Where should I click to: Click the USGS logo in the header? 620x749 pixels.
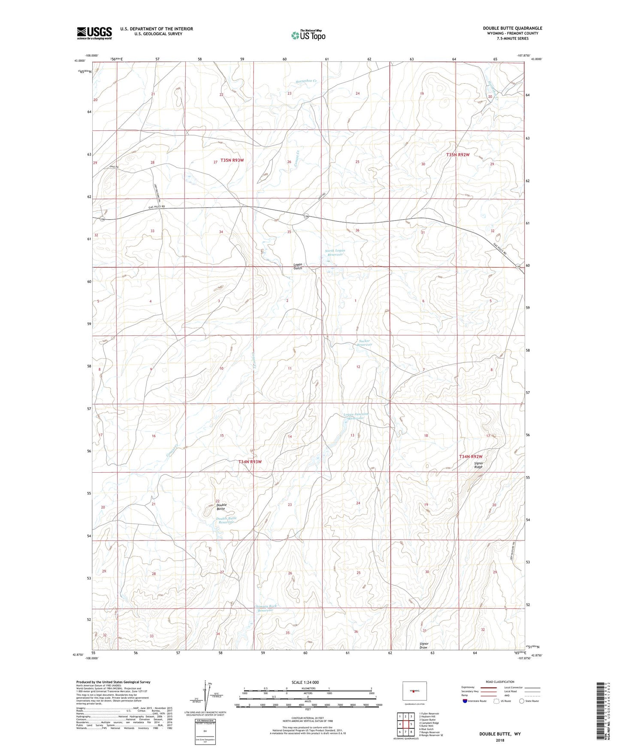click(94, 33)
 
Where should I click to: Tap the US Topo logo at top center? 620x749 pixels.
click(308, 35)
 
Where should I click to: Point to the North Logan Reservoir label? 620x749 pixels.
click(335, 252)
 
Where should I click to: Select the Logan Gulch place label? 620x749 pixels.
click(298, 266)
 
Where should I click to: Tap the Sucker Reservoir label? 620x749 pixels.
click(365, 343)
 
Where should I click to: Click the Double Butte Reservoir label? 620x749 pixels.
click(227, 520)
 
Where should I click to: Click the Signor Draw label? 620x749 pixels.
click(423, 646)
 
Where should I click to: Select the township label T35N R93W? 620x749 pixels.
click(232, 160)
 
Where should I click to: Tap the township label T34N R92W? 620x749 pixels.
click(471, 457)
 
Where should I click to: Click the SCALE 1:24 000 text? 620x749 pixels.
click(305, 682)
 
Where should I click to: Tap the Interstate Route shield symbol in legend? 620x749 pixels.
click(466, 701)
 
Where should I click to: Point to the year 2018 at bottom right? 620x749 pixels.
click(500, 740)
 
